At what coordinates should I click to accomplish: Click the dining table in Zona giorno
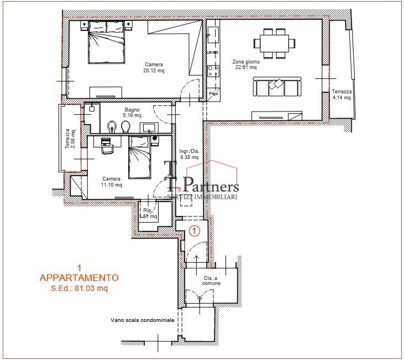point(271,43)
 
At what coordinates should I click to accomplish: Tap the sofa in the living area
point(276,86)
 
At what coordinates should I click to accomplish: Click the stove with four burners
point(213,71)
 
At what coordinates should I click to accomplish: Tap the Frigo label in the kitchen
point(213,93)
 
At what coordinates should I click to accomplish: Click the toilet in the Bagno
point(125,127)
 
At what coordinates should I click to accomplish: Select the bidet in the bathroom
point(112,126)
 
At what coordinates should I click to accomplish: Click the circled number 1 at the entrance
point(194,231)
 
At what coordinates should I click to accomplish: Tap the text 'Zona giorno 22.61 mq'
point(246,65)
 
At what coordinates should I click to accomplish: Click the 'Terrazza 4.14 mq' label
point(342,95)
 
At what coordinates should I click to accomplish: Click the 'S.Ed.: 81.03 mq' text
point(79,288)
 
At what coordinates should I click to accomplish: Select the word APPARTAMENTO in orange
point(79,278)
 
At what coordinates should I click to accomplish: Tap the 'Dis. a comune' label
point(212,280)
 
